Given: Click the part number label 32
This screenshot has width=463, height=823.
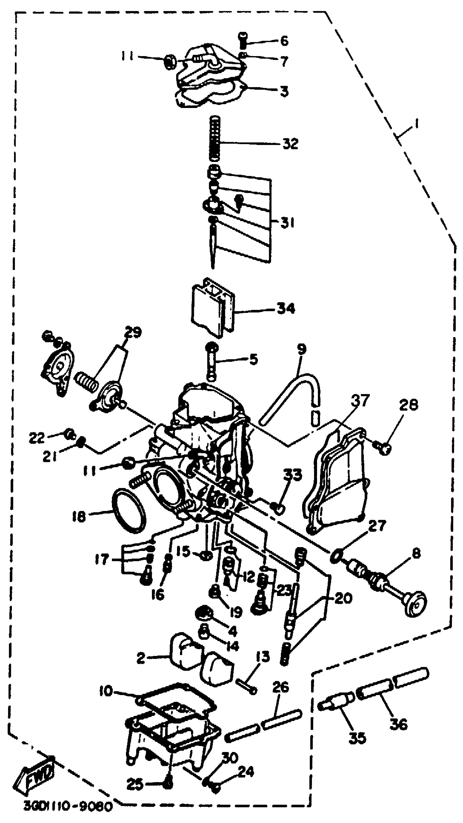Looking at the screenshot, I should (x=290, y=144).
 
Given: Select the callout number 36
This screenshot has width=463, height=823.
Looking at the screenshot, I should (x=398, y=724).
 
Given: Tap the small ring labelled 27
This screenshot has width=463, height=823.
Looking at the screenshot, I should (x=335, y=556).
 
